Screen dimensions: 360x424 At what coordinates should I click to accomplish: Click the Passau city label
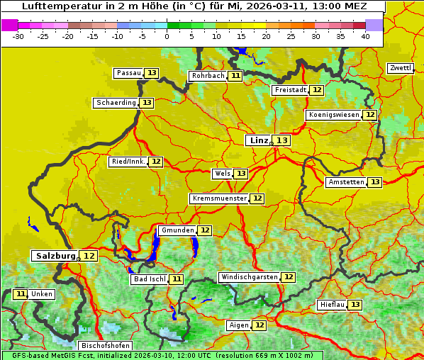click(x=128, y=73)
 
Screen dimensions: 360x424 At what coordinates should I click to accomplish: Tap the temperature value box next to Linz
click(x=282, y=140)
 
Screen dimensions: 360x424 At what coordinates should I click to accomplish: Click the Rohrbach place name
click(x=208, y=76)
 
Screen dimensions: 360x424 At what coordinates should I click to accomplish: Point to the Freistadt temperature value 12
click(x=317, y=90)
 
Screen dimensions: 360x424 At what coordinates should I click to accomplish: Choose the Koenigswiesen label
click(x=334, y=115)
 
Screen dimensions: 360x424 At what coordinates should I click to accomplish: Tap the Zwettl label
click(x=400, y=68)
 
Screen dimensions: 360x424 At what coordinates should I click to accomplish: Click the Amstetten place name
click(x=346, y=182)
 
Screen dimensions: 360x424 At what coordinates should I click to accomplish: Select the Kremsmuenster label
click(x=219, y=198)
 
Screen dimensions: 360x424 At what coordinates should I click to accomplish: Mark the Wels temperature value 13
click(x=241, y=174)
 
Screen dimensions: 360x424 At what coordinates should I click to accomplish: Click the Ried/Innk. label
click(x=128, y=162)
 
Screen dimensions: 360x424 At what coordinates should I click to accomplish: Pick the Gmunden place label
click(x=177, y=230)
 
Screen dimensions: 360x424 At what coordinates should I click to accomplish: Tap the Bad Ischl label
click(x=149, y=279)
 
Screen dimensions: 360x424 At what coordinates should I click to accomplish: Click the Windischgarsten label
click(x=248, y=277)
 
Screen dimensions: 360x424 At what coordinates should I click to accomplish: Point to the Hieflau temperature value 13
click(x=355, y=305)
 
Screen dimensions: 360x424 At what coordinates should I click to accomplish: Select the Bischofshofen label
click(x=105, y=346)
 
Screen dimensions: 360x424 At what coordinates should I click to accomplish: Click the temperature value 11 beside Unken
click(x=21, y=294)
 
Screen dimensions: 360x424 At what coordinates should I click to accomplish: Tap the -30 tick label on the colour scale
click(x=18, y=36)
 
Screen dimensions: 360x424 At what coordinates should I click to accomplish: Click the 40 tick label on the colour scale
click(x=365, y=36)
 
